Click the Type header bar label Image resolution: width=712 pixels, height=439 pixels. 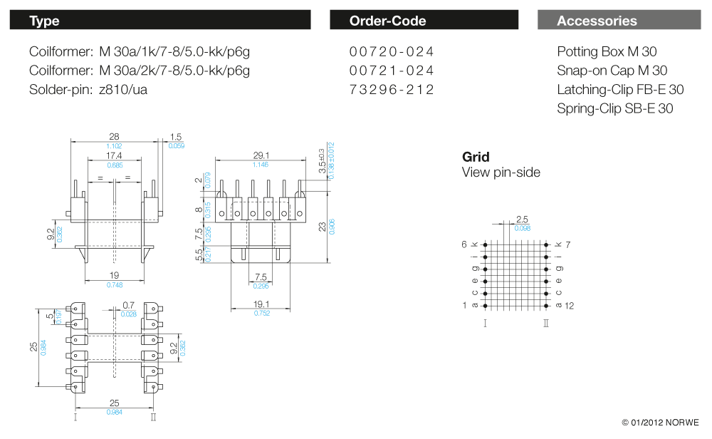(44, 21)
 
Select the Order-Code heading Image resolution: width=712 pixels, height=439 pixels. (387, 21)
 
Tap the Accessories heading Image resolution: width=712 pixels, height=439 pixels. (597, 21)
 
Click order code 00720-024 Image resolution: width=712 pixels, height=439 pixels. (392, 52)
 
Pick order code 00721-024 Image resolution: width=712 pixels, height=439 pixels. (392, 71)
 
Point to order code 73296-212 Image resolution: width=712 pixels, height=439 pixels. (392, 90)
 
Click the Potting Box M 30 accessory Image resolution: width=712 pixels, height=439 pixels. (607, 52)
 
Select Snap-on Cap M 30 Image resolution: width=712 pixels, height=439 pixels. (612, 71)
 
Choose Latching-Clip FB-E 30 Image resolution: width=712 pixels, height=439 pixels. (620, 90)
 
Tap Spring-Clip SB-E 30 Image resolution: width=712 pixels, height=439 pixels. (614, 108)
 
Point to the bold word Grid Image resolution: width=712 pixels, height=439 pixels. (476, 157)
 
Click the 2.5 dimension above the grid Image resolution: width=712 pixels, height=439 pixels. (522, 219)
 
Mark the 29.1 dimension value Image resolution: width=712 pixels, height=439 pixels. (261, 155)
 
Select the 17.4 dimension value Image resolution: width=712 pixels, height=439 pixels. (114, 155)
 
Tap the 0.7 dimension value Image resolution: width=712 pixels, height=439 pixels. (128, 305)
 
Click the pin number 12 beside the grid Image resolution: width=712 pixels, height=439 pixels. (569, 306)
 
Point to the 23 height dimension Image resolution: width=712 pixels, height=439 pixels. (322, 227)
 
